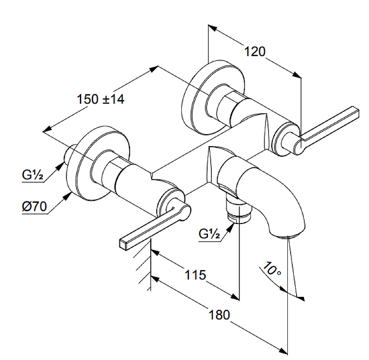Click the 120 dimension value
[x=255, y=52]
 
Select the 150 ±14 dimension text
[x=100, y=99]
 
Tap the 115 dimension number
[x=195, y=275]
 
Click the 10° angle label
[x=272, y=269]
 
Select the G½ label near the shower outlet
[x=209, y=234]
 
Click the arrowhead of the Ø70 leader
[x=68, y=195]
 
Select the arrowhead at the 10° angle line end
[x=302, y=297]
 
